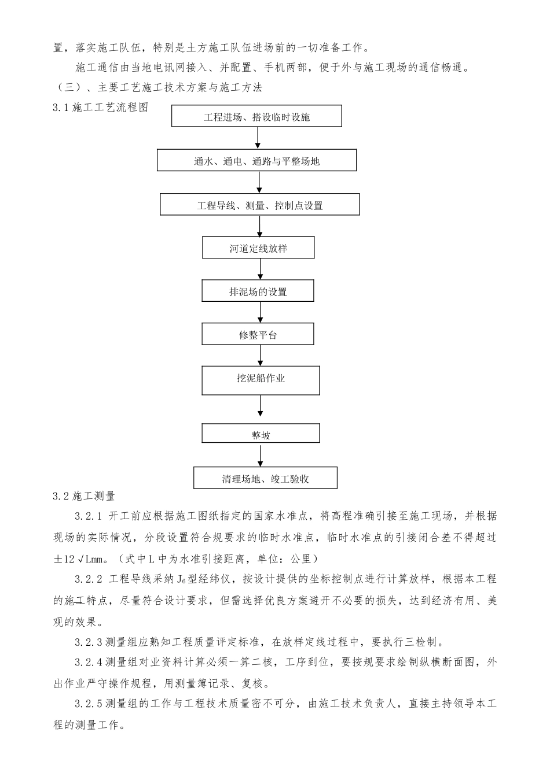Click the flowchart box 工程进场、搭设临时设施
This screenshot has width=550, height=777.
click(256, 117)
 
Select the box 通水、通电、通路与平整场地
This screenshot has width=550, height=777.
click(256, 161)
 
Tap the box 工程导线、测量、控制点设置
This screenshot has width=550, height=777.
click(259, 205)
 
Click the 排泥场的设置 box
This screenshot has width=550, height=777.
click(258, 291)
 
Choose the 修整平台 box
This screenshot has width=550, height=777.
click(258, 335)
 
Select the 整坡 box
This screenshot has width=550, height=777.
click(261, 435)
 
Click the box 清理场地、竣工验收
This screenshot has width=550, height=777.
click(265, 479)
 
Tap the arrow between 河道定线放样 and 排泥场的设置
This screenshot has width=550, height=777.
click(261, 269)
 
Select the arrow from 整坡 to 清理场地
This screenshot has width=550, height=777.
click(261, 456)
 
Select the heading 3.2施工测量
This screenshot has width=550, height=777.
click(84, 496)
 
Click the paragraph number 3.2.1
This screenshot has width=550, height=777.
click(88, 516)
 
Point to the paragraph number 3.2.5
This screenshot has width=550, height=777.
click(88, 704)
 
